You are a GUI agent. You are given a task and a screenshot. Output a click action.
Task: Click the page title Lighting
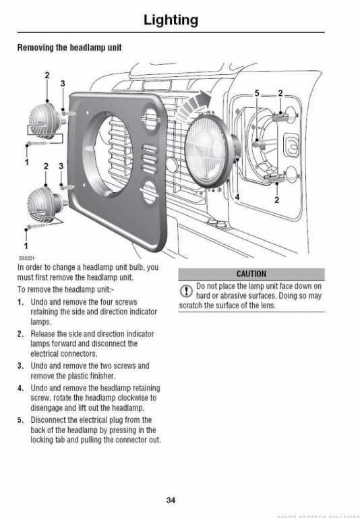pos(171,20)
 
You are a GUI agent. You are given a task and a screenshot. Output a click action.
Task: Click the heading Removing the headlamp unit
pos(69,48)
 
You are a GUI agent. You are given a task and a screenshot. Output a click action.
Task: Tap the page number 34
pos(171,500)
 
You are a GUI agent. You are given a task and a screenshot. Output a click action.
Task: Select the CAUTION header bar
pos(251,274)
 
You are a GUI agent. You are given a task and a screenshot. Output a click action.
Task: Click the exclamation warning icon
pos(186,291)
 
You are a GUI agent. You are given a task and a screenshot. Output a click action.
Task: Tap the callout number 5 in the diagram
pos(257,94)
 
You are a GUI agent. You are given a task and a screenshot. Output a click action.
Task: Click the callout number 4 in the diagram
pos(237,197)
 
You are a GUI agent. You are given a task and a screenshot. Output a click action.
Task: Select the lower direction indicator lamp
pos(44,204)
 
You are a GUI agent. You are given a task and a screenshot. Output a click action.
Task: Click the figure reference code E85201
pos(26,258)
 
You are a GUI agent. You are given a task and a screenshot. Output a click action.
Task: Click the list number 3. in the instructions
pos(20,366)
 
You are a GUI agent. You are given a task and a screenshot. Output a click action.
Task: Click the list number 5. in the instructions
pos(20,420)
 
